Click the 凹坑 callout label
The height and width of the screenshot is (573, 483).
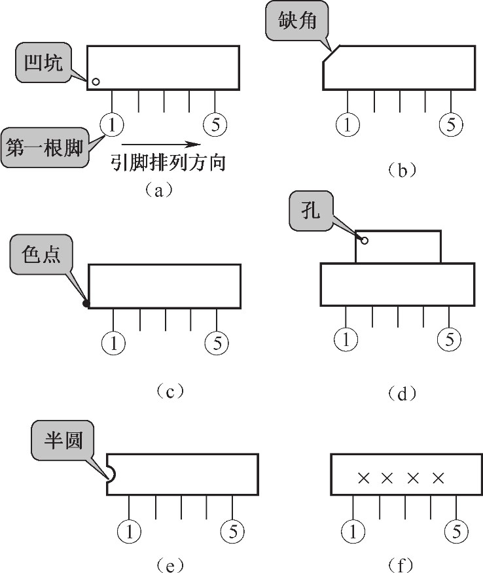[43, 62]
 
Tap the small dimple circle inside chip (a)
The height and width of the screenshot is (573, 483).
[96, 82]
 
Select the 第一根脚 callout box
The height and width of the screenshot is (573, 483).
[45, 148]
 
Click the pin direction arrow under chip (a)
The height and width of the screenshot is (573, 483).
[161, 145]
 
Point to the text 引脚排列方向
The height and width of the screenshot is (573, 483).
[168, 162]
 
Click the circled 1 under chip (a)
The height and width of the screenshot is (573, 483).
[112, 125]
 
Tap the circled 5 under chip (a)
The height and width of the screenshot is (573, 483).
[215, 125]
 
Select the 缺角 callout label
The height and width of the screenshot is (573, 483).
[297, 20]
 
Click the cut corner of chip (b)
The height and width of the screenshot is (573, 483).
[331, 54]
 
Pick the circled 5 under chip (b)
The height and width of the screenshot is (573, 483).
[451, 125]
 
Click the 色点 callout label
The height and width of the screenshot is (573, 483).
[41, 254]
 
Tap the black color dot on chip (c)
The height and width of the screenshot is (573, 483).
[86, 304]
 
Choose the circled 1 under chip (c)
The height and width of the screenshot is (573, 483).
[113, 343]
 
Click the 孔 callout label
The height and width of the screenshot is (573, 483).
[311, 211]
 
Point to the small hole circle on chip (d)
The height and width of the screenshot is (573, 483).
[364, 241]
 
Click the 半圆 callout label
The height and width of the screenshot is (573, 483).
[63, 440]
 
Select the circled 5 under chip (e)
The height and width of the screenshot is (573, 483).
[232, 531]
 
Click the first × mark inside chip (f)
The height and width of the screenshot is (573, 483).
[363, 477]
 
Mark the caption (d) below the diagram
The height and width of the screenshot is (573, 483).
[402, 394]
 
